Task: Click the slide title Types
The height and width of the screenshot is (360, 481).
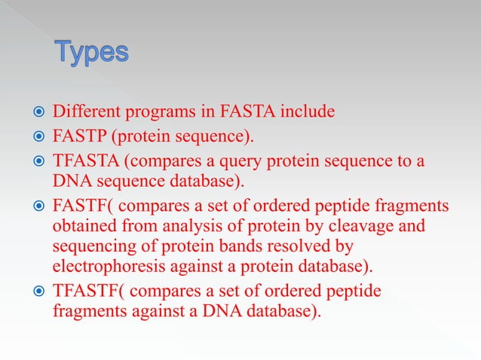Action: [91, 53]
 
